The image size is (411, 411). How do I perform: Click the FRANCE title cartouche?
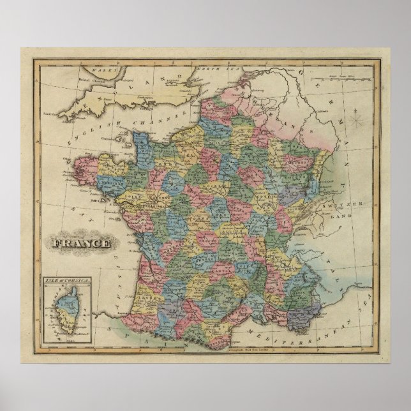pos(80,244)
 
